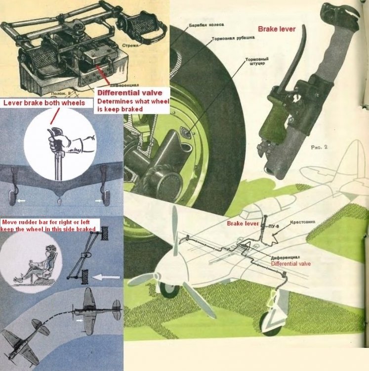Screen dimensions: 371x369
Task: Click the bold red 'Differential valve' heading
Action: tap(129, 92)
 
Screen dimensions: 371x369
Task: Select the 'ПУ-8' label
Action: tap(269, 227)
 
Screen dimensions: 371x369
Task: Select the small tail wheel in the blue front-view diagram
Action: tap(59, 202)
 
